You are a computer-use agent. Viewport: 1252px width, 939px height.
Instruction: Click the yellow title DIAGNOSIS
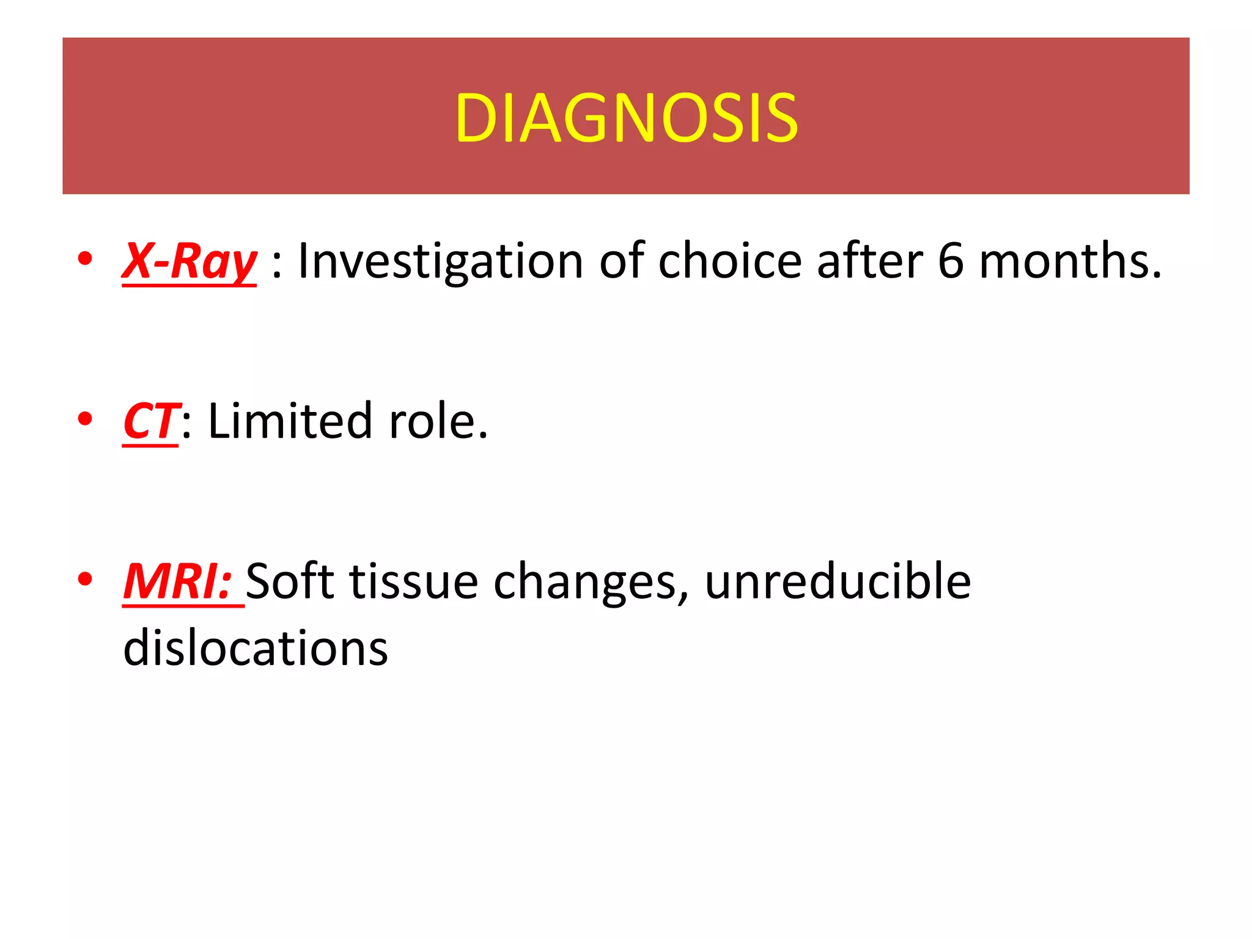pos(626,118)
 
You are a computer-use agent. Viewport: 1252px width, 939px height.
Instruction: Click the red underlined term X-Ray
pos(190,262)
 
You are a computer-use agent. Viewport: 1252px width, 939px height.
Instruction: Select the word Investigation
pos(440,262)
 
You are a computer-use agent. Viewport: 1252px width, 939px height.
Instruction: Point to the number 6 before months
pos(951,262)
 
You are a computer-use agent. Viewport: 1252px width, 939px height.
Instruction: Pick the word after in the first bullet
pos(869,262)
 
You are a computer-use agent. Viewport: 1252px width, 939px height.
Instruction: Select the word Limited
pos(290,422)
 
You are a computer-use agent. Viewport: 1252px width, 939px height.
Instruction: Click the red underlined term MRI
pos(177,582)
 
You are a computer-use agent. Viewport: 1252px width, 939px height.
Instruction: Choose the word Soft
pos(290,582)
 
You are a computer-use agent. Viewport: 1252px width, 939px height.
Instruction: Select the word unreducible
pos(838,582)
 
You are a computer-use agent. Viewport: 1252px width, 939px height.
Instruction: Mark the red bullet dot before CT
pos(85,419)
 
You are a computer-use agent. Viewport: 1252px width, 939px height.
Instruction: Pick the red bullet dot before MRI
pos(85,578)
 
